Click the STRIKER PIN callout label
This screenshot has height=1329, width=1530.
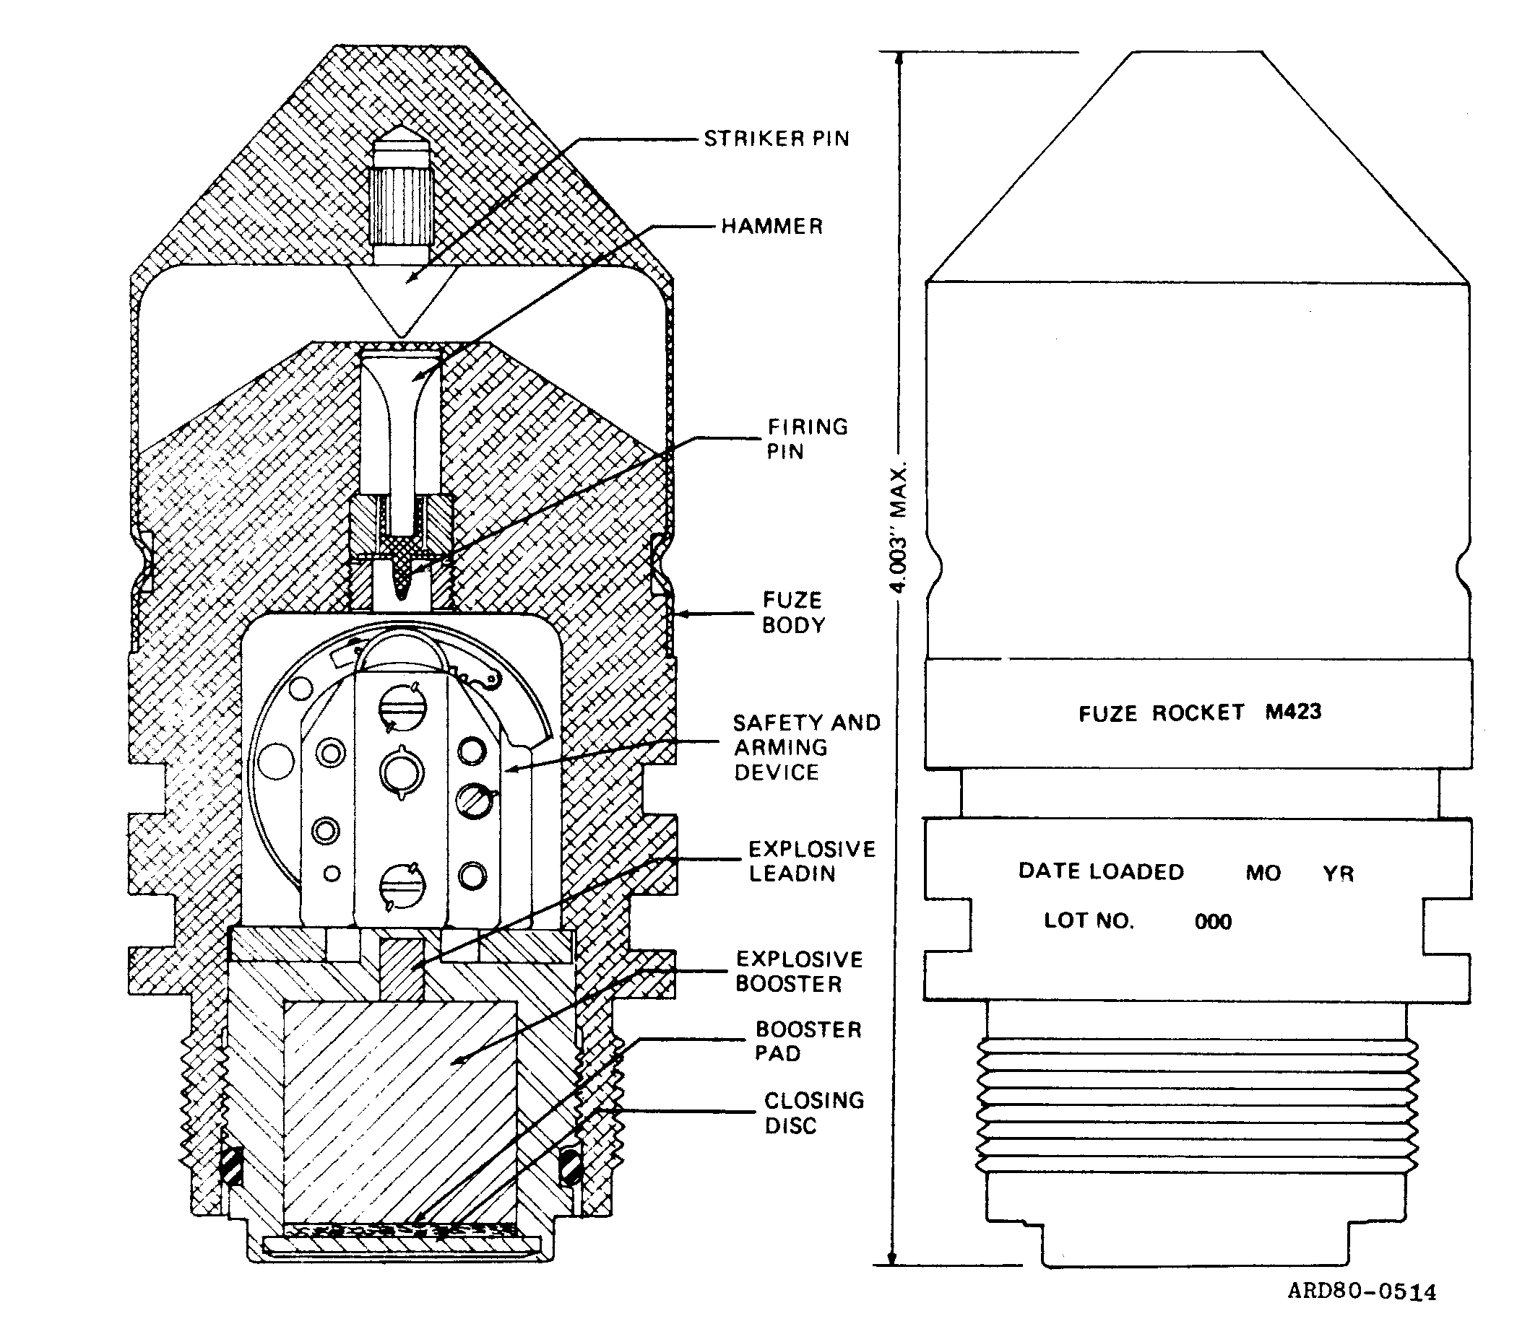[x=776, y=139]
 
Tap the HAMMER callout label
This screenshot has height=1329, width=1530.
[x=772, y=226]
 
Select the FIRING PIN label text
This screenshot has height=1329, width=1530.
[x=808, y=438]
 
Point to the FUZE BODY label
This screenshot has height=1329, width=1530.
[x=793, y=613]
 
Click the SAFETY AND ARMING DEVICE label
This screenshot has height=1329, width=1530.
[x=807, y=747]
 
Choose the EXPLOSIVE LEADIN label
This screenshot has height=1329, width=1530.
[x=812, y=861]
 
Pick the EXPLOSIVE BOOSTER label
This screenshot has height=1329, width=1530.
[x=799, y=972]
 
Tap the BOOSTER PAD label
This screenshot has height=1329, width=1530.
[x=808, y=1041]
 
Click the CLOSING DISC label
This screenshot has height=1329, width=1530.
[x=814, y=1112]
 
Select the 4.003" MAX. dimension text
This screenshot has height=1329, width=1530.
[x=899, y=528]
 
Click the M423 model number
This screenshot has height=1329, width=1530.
[x=1293, y=712]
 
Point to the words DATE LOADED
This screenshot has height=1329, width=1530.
[x=1101, y=871]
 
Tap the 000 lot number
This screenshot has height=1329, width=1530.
[x=1213, y=922]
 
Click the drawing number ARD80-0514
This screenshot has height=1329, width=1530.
[x=1362, y=1291]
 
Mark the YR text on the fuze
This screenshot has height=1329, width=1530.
[x=1339, y=873]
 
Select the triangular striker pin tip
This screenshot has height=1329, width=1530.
[x=401, y=301]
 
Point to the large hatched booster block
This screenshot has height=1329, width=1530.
[x=400, y=1112]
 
